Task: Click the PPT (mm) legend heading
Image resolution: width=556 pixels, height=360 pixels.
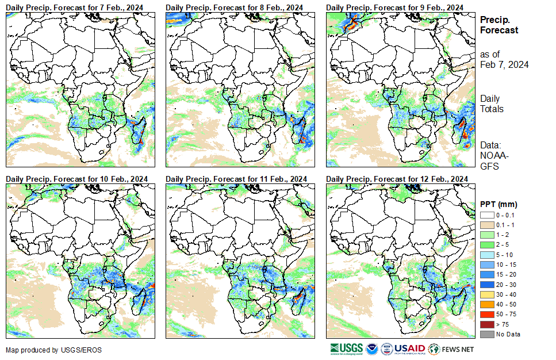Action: click(499, 204)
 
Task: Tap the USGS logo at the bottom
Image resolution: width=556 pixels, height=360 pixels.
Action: click(346, 349)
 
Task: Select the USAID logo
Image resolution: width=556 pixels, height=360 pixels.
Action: click(410, 349)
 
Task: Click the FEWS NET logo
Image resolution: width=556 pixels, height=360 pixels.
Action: click(452, 349)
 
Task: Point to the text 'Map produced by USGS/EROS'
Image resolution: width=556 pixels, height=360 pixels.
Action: click(51, 350)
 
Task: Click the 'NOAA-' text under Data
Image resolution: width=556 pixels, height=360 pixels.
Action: click(493, 156)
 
